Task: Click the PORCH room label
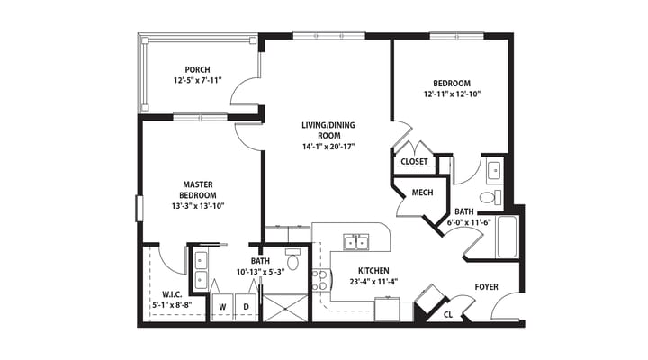point(197,69)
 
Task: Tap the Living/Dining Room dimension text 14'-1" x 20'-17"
point(328,147)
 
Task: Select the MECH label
point(422,193)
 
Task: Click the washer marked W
point(222,306)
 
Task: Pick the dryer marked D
point(247,306)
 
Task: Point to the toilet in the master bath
point(293,259)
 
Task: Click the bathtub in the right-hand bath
point(507,237)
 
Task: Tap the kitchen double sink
point(356,242)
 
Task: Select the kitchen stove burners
point(319,280)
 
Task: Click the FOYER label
point(486,286)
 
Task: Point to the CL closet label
point(448,314)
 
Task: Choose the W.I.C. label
point(172,294)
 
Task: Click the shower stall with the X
point(285,308)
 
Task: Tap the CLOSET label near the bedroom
point(414,162)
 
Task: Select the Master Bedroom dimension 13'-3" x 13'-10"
point(198,206)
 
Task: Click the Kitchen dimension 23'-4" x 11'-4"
point(373,282)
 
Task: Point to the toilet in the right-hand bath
point(490,197)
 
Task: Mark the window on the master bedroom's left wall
point(139,209)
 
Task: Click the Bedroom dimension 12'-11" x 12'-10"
point(452,94)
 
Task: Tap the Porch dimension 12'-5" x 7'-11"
point(197,80)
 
